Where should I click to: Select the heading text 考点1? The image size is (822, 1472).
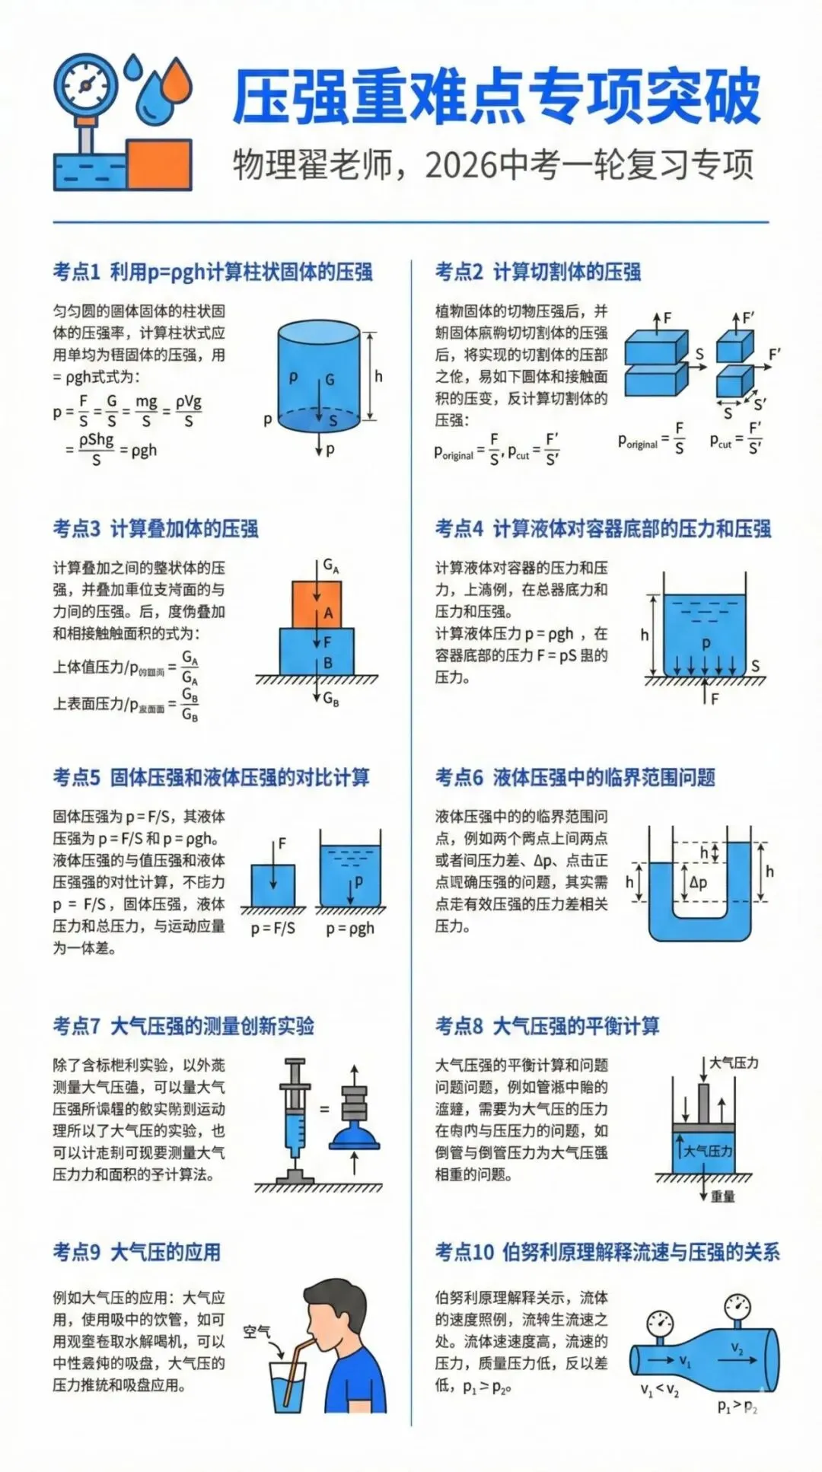pyautogui.click(x=76, y=272)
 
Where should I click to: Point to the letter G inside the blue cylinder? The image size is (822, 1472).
pyautogui.click(x=330, y=379)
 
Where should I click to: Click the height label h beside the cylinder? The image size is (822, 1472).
pyautogui.click(x=378, y=376)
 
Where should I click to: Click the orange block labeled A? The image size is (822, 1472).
pyautogui.click(x=317, y=605)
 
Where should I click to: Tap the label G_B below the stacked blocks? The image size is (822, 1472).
pyautogui.click(x=332, y=699)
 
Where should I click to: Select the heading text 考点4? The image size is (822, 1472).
pyautogui.click(x=459, y=528)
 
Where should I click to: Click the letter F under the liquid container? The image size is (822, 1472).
pyautogui.click(x=714, y=698)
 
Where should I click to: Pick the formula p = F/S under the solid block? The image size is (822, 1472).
pyautogui.click(x=273, y=929)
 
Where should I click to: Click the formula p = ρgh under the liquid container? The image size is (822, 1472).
pyautogui.click(x=350, y=929)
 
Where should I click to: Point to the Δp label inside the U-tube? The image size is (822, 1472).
pyautogui.click(x=698, y=882)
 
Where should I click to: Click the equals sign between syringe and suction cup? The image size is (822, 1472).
pyautogui.click(x=324, y=1109)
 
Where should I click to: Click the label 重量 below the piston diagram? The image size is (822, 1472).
pyautogui.click(x=722, y=1196)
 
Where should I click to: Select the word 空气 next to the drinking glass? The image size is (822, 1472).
pyautogui.click(x=256, y=1331)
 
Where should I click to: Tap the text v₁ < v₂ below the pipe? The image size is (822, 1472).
pyautogui.click(x=659, y=1389)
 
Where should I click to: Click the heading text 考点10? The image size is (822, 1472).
pyautogui.click(x=464, y=1252)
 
